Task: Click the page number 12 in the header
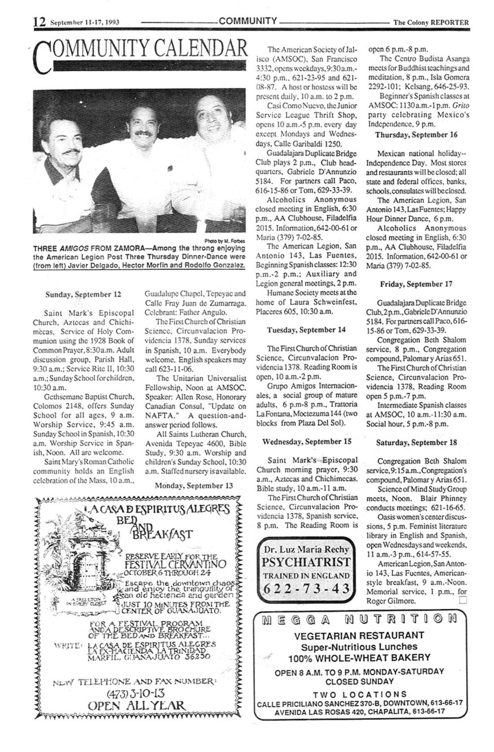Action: click(39, 22)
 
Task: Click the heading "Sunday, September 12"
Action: click(83, 295)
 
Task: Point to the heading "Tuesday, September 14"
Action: click(306, 330)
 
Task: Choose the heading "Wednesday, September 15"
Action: click(306, 441)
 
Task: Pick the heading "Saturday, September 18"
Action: click(416, 442)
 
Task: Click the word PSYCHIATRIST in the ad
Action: click(306, 563)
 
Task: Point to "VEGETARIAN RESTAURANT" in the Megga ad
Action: click(359, 635)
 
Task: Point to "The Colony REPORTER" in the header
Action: click(430, 22)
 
